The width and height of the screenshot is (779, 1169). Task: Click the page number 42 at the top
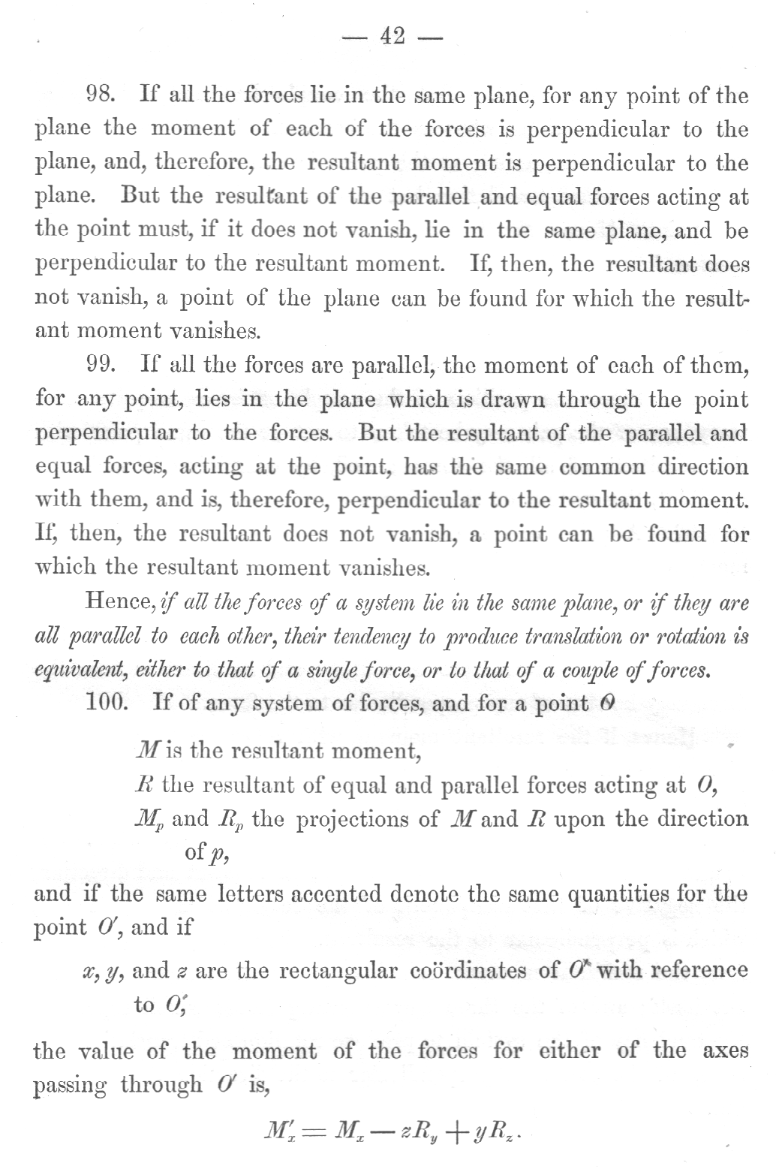coord(393,35)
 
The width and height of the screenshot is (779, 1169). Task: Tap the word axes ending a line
coord(725,1051)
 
